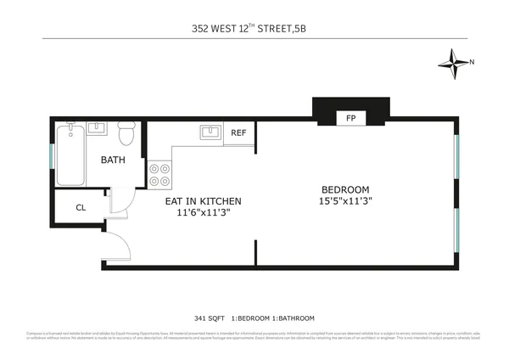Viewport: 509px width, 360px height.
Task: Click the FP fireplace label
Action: tap(350, 118)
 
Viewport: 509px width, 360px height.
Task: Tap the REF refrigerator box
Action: tap(239, 133)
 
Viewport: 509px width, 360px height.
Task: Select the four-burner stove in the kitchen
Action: tap(159, 174)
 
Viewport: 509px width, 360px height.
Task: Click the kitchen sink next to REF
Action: tap(210, 132)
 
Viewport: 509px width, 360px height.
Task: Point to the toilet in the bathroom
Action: tap(126, 134)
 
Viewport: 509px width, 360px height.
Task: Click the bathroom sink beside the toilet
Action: tap(96, 129)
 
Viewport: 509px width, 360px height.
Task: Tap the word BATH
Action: tap(114, 160)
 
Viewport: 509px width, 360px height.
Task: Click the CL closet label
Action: tap(81, 207)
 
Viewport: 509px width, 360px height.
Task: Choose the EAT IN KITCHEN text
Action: tap(203, 201)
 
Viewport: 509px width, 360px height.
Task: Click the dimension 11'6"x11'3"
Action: tap(203, 212)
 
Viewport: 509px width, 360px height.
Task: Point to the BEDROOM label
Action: tap(345, 188)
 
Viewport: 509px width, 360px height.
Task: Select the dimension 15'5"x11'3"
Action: tap(345, 200)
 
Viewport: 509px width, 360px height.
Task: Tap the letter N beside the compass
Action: tap(473, 61)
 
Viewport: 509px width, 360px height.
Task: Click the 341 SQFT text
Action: tap(210, 318)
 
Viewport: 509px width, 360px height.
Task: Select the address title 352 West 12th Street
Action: tap(255, 26)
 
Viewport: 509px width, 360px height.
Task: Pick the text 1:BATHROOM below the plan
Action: tap(291, 318)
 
